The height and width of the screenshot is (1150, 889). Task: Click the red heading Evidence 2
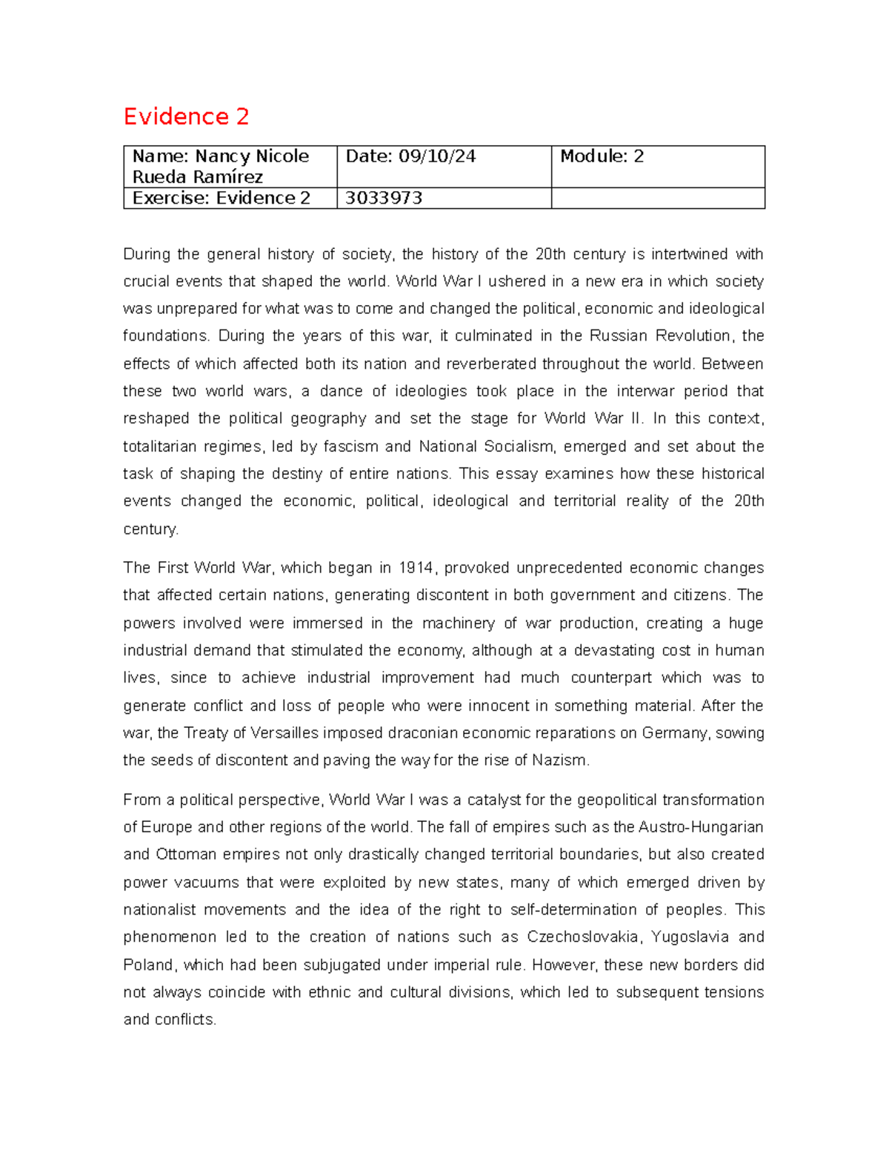[186, 116]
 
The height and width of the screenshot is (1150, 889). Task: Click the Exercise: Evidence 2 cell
[221, 198]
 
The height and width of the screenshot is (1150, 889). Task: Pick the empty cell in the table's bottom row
[657, 198]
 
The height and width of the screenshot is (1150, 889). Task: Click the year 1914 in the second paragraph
[416, 568]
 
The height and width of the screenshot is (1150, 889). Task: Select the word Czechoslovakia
[583, 937]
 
